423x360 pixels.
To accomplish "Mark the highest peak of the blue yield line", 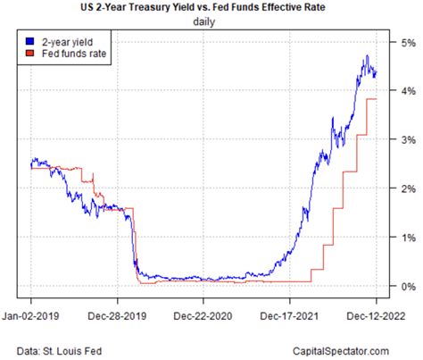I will (x=366, y=56).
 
